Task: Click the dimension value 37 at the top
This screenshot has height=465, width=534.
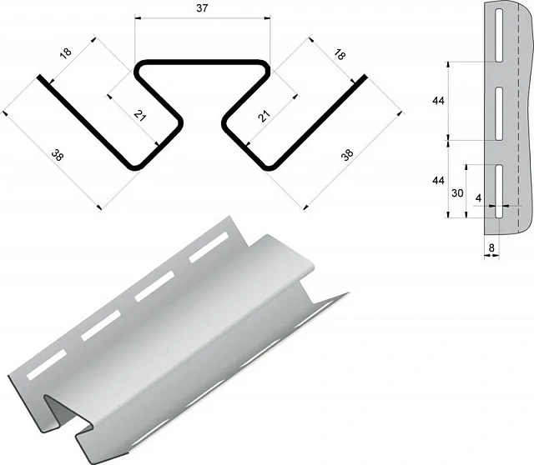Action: tap(202, 8)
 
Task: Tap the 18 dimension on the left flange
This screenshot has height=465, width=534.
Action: tap(66, 53)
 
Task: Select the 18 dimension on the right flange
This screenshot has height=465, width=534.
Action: tap(340, 54)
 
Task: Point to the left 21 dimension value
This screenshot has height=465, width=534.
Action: tap(139, 116)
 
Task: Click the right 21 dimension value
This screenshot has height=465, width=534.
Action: tap(264, 116)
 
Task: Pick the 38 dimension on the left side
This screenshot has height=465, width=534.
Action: tap(58, 156)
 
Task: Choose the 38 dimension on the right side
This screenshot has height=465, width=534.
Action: tap(347, 155)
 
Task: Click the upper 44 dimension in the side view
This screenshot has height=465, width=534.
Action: tap(438, 101)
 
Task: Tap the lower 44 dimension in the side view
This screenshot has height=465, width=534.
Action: tap(438, 181)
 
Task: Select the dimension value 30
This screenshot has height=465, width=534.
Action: tap(457, 192)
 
